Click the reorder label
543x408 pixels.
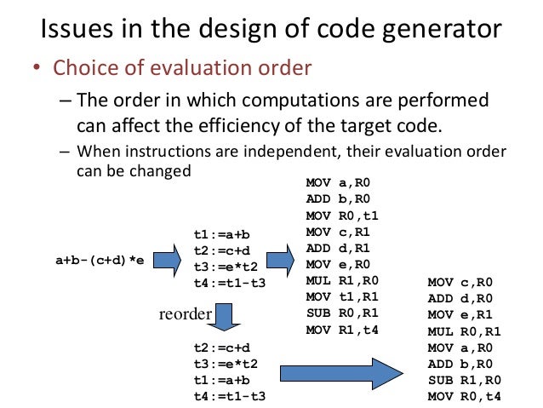click(x=185, y=314)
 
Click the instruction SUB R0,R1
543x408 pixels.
click(x=341, y=313)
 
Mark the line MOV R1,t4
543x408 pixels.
click(x=341, y=329)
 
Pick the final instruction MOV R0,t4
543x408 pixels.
click(x=464, y=397)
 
